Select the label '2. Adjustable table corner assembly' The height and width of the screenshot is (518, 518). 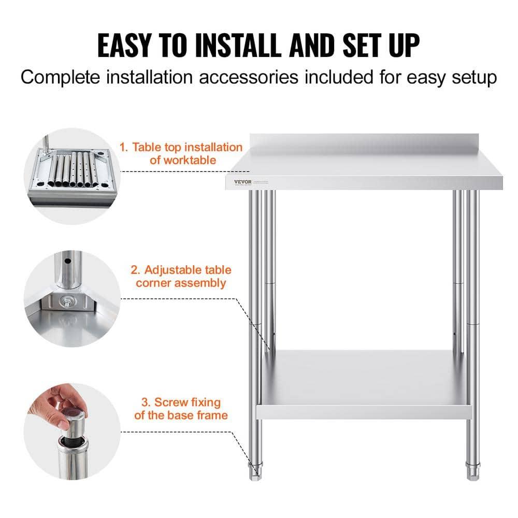181,276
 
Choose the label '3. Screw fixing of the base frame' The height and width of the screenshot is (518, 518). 181,408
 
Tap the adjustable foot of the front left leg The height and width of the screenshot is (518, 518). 256,471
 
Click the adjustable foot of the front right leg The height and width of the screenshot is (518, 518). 472,471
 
